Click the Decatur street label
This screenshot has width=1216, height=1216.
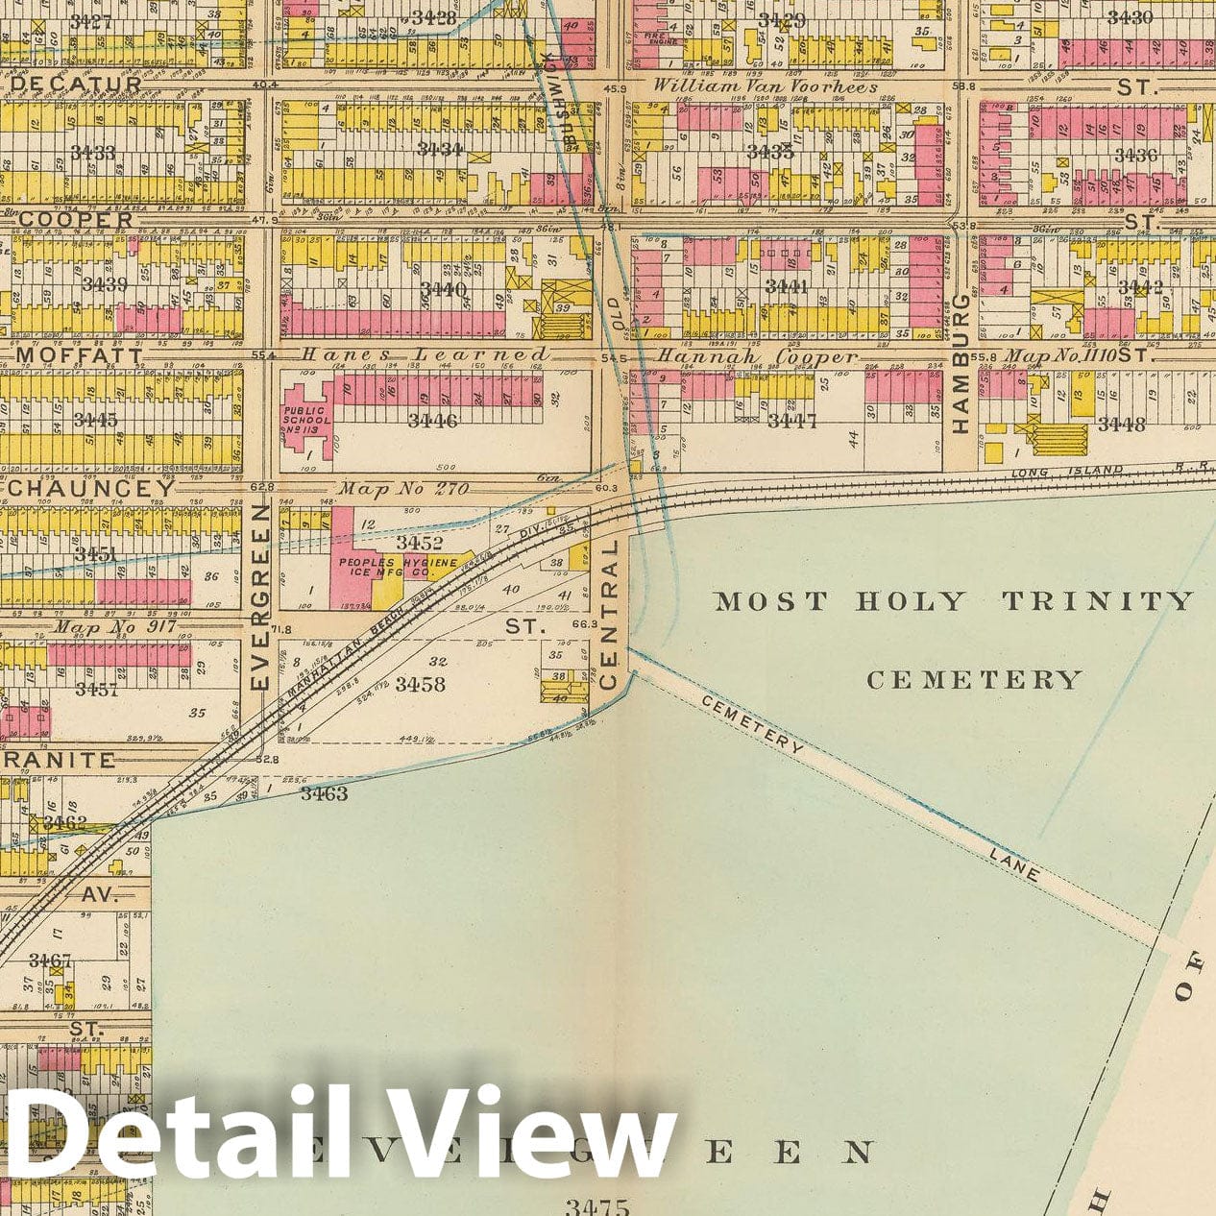pos(76,84)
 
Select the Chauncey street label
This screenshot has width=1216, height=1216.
pos(91,488)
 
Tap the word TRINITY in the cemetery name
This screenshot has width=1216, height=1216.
pos(1097,601)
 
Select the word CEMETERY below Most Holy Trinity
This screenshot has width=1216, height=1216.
pos(974,680)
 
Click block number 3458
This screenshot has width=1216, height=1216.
pos(420,684)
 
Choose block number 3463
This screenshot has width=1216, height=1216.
pos(324,793)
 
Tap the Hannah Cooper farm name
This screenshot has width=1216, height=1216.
pos(756,357)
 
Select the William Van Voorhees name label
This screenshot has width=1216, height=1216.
pos(766,86)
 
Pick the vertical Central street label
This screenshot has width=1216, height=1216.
pos(607,615)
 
